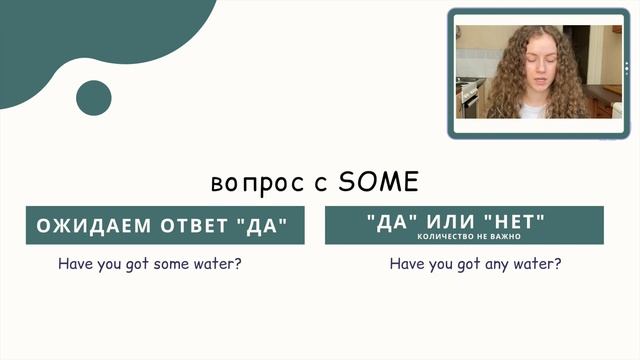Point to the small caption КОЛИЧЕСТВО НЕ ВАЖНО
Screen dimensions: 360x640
point(465,237)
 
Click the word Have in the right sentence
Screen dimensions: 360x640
point(405,265)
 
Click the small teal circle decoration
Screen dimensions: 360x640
point(93,96)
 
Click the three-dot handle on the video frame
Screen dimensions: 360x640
point(627,74)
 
